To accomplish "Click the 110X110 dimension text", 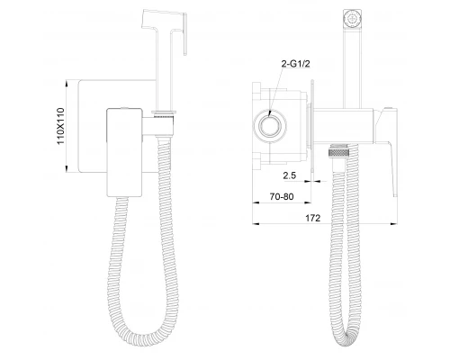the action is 60,126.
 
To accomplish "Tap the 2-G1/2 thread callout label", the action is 295,64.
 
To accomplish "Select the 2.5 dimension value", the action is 290,175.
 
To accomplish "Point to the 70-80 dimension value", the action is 282,197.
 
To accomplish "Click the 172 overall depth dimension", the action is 313,218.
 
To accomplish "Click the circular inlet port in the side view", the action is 270,125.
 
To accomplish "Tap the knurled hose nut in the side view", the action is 339,150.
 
